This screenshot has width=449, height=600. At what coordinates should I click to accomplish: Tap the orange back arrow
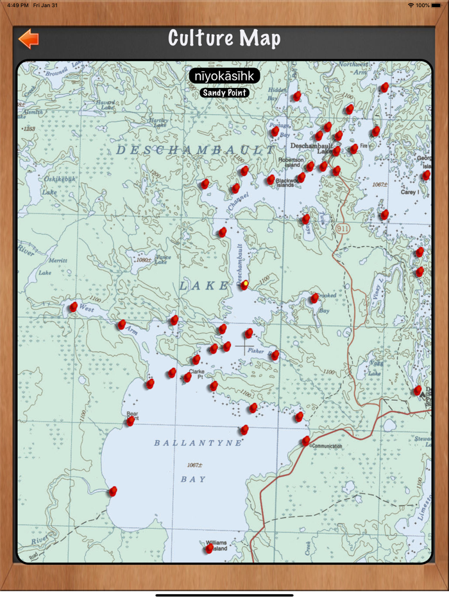coord(28,39)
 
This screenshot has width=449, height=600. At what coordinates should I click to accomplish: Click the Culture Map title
coord(224,39)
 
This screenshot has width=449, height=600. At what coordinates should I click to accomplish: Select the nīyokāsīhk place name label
coord(224,76)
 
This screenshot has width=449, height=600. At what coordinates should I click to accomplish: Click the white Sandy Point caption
coord(224,93)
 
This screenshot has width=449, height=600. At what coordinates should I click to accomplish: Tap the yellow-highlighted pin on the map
coord(244,284)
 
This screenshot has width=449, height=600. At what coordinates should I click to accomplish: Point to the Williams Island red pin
coord(209,548)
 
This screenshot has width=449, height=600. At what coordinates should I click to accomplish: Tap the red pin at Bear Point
coord(130,421)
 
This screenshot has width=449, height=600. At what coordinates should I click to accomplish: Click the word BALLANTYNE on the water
coord(199,443)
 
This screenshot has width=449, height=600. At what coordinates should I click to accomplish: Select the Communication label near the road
coord(326,446)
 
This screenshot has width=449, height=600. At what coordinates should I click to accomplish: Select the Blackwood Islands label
coord(286,184)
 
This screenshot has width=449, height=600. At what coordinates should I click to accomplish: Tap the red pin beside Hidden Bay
coord(296,96)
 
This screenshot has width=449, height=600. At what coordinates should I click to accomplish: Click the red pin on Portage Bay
coord(275,132)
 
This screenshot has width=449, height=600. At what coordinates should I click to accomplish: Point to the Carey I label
coord(409,191)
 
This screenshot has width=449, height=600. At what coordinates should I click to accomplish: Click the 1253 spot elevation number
coord(29,129)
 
